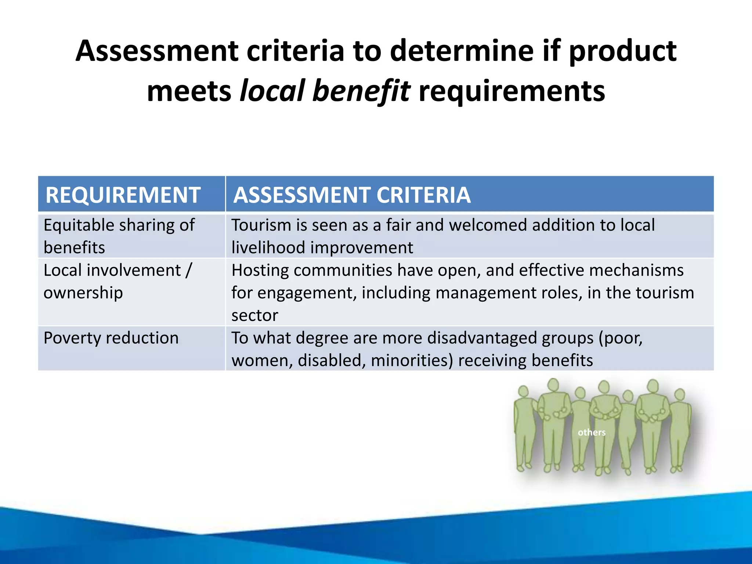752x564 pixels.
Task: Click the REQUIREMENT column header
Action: (x=123, y=195)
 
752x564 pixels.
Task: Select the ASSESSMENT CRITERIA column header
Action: (x=352, y=195)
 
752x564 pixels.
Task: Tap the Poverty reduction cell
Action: (x=111, y=338)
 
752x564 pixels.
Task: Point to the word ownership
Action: (x=83, y=293)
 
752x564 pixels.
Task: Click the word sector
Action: (x=254, y=316)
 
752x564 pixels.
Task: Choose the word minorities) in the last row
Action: (x=412, y=361)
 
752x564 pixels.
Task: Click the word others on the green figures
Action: (x=592, y=432)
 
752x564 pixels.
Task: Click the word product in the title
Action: (x=623, y=51)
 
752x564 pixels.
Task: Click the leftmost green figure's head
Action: (x=523, y=391)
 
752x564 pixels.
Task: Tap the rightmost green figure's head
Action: (x=680, y=394)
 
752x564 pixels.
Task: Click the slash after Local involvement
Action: (x=188, y=271)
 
